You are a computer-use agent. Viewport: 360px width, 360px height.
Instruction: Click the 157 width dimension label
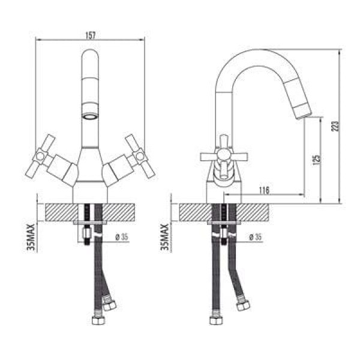tap(91, 35)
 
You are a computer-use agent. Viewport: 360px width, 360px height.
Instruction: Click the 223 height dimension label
tap(335, 126)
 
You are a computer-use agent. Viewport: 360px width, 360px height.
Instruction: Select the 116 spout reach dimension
tap(264, 190)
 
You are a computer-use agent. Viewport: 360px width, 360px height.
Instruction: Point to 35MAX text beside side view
tap(165, 237)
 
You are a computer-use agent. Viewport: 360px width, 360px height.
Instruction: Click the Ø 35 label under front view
tap(121, 237)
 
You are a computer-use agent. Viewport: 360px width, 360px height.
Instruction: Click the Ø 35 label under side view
tap(256, 237)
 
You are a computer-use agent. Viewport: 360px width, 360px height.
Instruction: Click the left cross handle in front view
tap(41, 156)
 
